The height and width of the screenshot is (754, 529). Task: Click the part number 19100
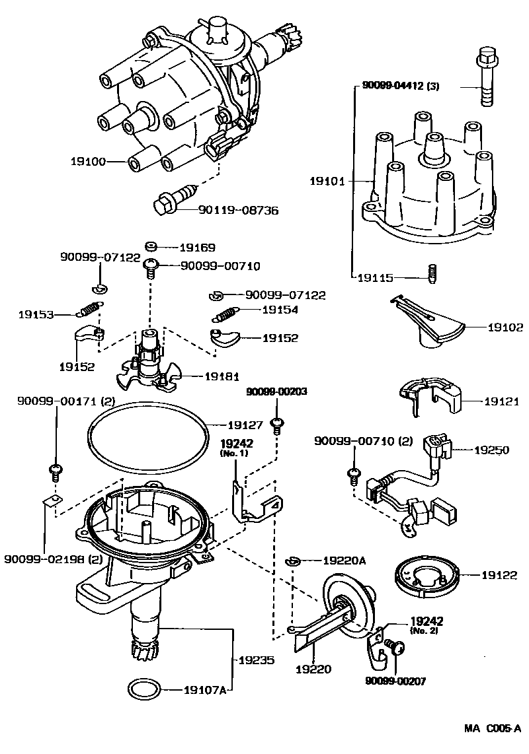click(x=89, y=161)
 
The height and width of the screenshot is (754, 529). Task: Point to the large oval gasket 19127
click(x=147, y=436)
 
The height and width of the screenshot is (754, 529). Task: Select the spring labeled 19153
click(x=89, y=307)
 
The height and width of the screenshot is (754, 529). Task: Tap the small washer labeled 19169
click(x=150, y=247)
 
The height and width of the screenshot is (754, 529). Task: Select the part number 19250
click(x=491, y=450)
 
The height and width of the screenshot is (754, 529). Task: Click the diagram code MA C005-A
click(x=492, y=729)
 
